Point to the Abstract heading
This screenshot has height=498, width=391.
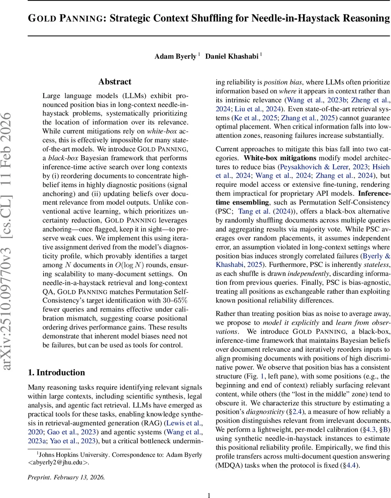(x=115, y=82)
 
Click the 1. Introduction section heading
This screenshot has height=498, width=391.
(x=56, y=372)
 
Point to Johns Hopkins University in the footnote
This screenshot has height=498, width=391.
(x=68, y=454)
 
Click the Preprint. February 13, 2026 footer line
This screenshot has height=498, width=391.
(x=66, y=477)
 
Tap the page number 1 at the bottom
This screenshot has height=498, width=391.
(x=209, y=495)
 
